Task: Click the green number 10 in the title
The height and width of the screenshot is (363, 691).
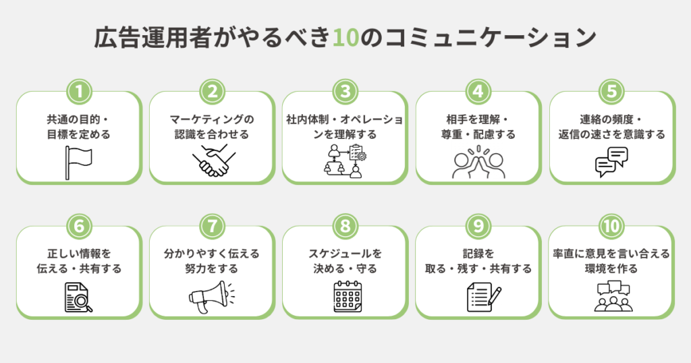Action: [x=345, y=38]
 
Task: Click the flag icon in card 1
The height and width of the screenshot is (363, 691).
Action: [x=78, y=163]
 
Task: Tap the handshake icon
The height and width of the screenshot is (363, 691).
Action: [x=211, y=163]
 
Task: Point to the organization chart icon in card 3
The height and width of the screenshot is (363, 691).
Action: [x=345, y=161]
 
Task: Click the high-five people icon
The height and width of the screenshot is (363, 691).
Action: [x=478, y=162]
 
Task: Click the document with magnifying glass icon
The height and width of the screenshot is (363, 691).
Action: [x=78, y=298]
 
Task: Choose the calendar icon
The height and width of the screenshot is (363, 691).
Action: [x=345, y=297]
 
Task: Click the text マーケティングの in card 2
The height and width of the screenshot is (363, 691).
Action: [x=212, y=120]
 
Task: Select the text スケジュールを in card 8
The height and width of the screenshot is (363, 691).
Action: [x=345, y=254]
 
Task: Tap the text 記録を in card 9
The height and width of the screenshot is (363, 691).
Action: [x=478, y=254]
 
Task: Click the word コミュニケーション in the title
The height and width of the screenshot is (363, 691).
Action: [x=491, y=38]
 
